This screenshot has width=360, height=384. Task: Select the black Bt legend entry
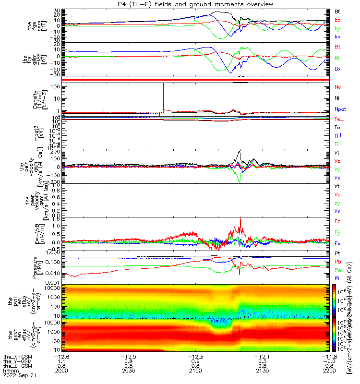coord(337,11)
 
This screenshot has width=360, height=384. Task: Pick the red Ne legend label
coord(337,87)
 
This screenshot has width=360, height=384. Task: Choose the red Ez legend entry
coord(337,221)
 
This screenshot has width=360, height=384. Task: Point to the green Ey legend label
coord(337,232)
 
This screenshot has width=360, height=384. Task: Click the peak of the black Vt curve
coord(240,152)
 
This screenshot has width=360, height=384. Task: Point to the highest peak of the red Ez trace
coord(240,217)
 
